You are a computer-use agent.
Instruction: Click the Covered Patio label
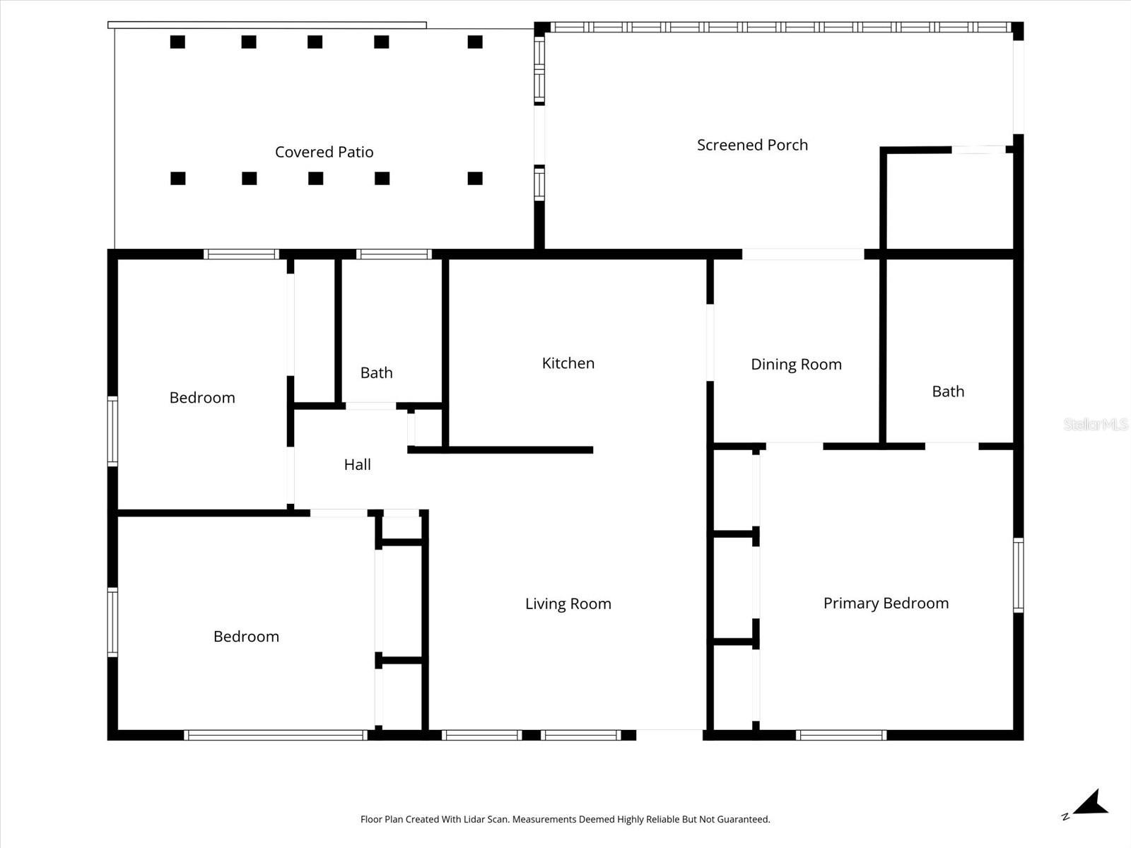324,152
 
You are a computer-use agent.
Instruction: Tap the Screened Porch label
752,145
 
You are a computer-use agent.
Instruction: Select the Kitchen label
568,363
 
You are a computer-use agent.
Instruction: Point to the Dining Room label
796,365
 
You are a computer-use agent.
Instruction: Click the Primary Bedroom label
886,603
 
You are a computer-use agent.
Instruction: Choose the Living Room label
568,603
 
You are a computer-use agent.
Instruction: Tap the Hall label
357,464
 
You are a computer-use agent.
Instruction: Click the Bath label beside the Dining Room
947,391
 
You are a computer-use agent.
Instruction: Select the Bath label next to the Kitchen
376,372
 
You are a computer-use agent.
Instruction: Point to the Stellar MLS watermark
1095,424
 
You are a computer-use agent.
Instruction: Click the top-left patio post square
177,42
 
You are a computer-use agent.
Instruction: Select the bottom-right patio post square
475,178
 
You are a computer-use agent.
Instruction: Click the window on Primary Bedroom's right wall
1018,575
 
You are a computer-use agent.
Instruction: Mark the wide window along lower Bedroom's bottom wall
276,735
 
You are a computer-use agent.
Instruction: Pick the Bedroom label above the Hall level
202,398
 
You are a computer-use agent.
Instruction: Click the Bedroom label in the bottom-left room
246,636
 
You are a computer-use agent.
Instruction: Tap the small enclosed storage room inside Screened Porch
949,199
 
